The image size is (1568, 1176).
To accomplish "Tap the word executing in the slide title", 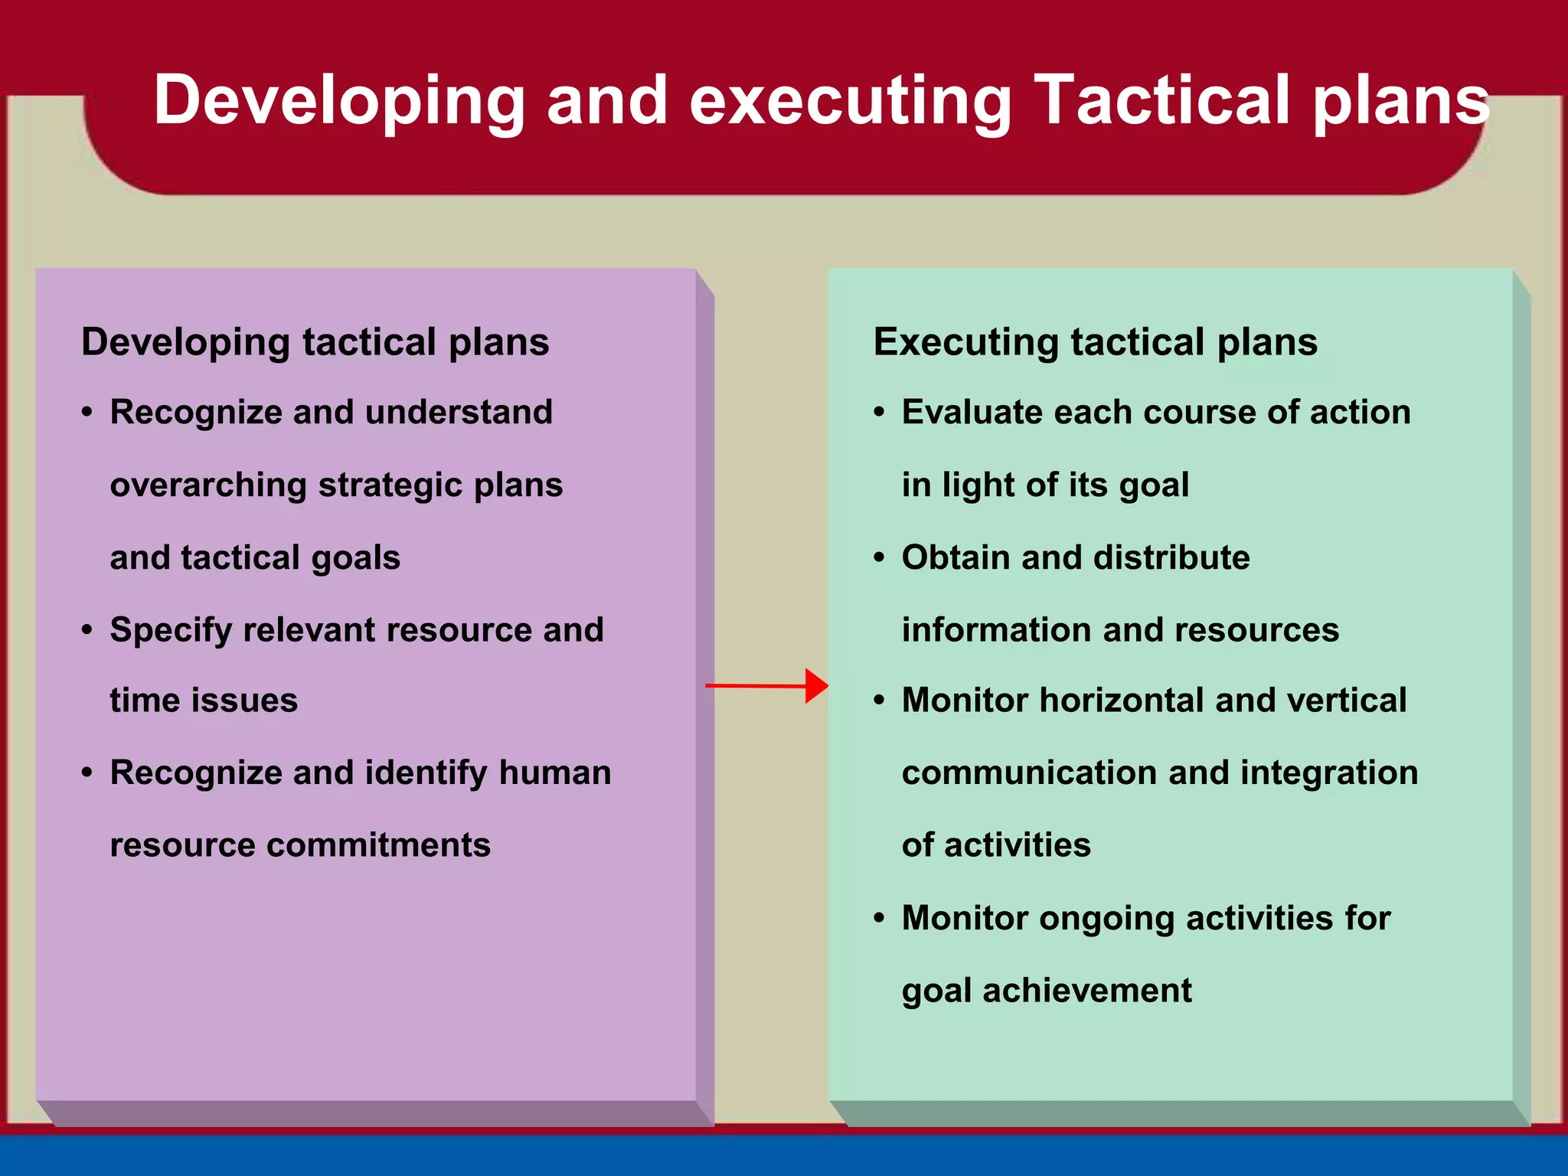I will tap(850, 102).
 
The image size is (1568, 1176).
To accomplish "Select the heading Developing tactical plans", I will tap(315, 341).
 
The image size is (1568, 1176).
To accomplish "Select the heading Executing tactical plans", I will tap(1095, 341).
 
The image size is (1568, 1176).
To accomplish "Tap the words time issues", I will tap(204, 701).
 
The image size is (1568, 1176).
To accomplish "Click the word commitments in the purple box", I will tap(378, 845).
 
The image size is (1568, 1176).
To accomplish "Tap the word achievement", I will tap(1086, 991).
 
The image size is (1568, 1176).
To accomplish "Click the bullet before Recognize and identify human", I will tap(87, 773).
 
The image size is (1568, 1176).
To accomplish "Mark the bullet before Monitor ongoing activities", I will tap(879, 917).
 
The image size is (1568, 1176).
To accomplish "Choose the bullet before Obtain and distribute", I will tap(879, 557).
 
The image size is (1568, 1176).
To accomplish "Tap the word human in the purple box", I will tap(554, 773).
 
